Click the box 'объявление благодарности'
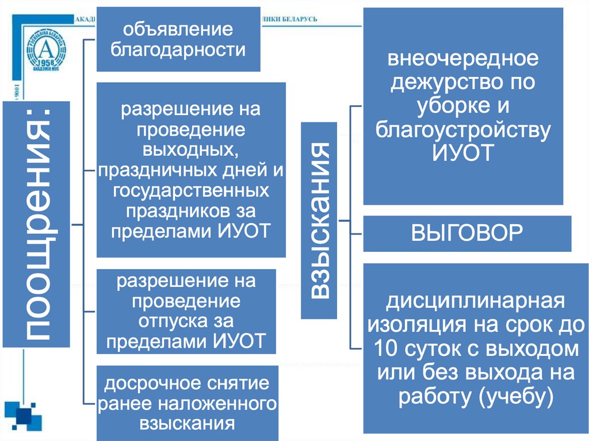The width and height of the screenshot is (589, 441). click(178, 39)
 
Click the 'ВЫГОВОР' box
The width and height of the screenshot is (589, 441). click(466, 233)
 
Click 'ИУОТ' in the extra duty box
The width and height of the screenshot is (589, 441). click(463, 154)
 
